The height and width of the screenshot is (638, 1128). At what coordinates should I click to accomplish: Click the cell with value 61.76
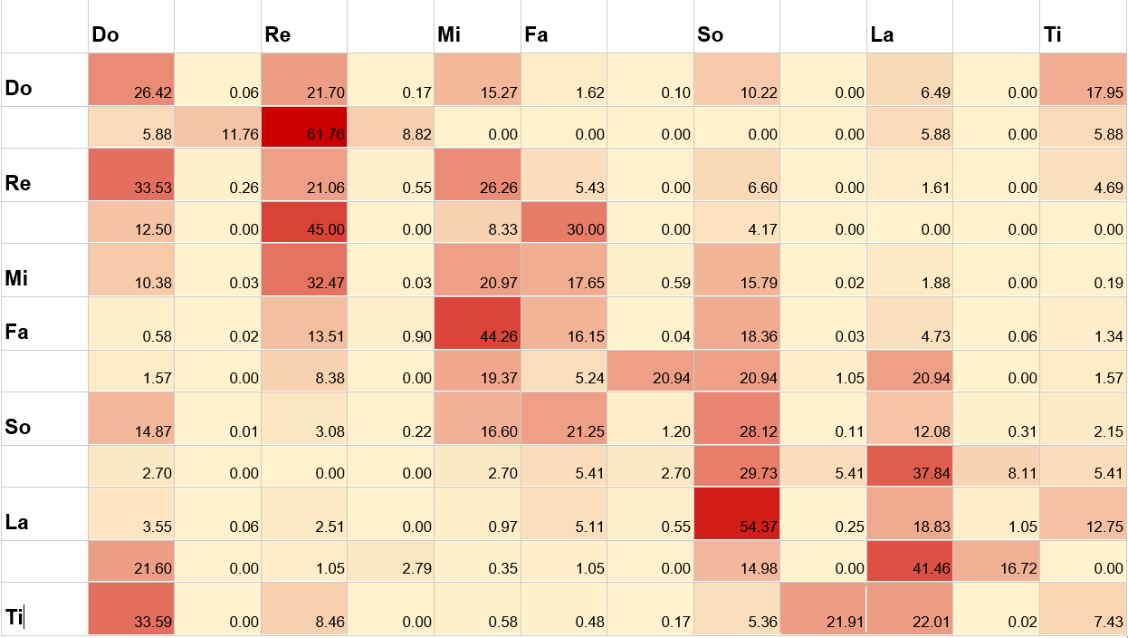304,127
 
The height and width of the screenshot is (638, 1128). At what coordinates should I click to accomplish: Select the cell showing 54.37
736,514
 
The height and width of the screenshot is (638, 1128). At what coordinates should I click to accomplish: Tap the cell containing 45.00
304,222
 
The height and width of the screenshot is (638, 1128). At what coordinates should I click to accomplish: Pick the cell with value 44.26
477,324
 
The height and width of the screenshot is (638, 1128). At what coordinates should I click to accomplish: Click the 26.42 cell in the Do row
131,80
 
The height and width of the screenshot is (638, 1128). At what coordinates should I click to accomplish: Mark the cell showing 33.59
131,609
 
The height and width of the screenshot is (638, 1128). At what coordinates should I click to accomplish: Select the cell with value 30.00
564,222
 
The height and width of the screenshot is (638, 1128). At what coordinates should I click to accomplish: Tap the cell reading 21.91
823,609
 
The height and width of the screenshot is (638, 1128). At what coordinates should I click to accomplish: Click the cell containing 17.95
1083,80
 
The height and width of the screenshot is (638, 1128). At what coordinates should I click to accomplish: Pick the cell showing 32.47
304,270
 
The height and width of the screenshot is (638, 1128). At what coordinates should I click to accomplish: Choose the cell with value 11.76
217,127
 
